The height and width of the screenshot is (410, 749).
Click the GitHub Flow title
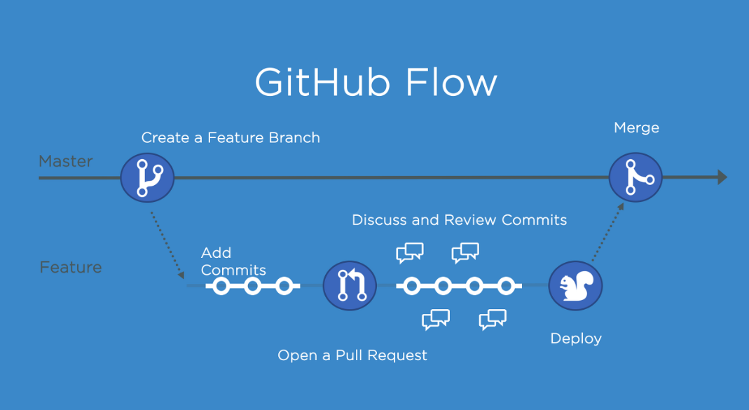(376, 83)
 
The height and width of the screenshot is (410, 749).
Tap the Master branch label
(66, 161)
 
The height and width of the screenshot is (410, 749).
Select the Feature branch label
(71, 267)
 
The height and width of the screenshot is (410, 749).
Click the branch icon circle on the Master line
(147, 177)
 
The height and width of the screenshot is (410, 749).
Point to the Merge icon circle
(635, 177)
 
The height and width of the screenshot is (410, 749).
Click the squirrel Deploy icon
(575, 286)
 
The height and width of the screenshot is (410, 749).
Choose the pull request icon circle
(350, 286)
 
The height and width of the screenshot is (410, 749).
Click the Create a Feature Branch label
(231, 138)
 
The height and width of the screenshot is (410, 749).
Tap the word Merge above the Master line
(636, 128)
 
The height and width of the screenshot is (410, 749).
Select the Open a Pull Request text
(352, 355)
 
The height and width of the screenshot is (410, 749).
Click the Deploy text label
(576, 339)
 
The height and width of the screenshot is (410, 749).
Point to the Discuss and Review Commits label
(459, 220)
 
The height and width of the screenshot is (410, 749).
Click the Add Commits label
(233, 261)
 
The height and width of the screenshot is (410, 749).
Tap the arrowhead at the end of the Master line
(722, 177)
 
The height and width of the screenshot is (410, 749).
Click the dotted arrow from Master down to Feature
(167, 241)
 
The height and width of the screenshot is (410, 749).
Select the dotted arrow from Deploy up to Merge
(608, 232)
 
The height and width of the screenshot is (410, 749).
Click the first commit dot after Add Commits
(221, 286)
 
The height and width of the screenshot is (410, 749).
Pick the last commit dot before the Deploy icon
(506, 286)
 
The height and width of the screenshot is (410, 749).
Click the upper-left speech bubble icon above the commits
(410, 252)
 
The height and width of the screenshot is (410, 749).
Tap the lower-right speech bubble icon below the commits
(493, 320)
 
